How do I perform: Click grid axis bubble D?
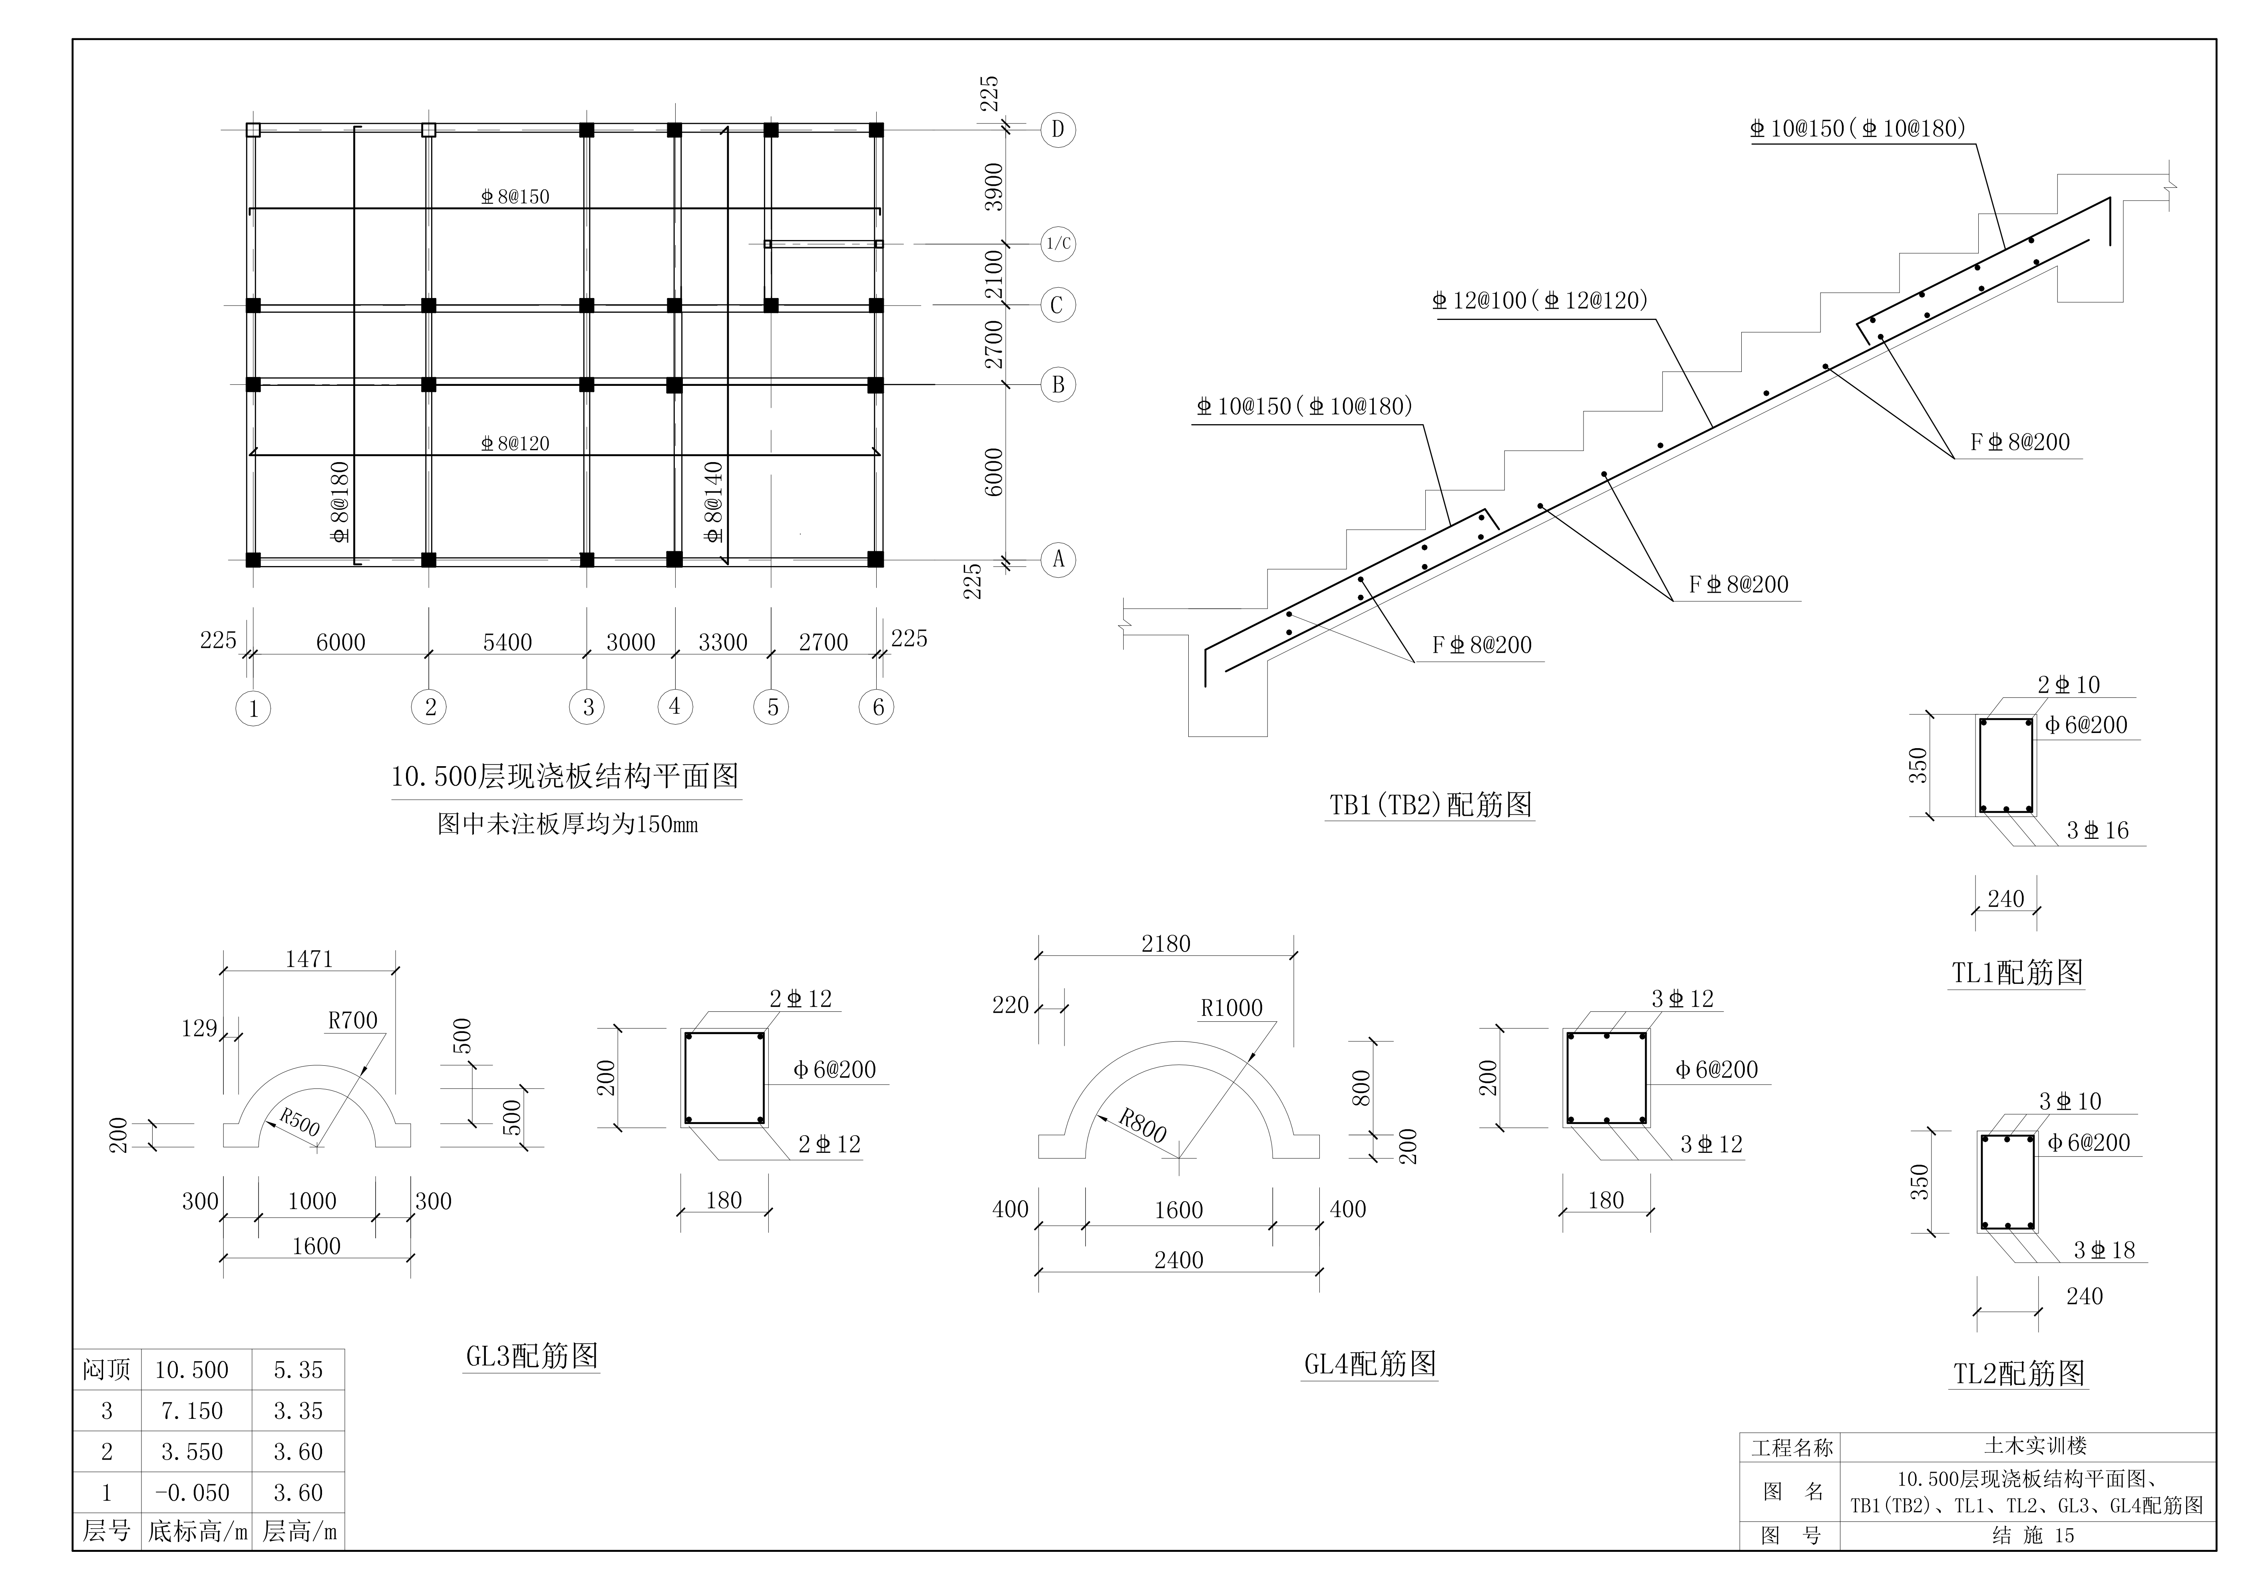pyautogui.click(x=1058, y=130)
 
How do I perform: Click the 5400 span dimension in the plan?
pyautogui.click(x=508, y=642)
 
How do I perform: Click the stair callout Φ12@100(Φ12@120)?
pyautogui.click(x=1540, y=301)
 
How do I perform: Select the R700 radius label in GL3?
pyautogui.click(x=352, y=1021)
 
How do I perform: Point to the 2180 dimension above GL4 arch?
pyautogui.click(x=1166, y=944)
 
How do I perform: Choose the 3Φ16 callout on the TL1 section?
pyautogui.click(x=2097, y=830)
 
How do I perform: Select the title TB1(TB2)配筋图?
pyautogui.click(x=1430, y=805)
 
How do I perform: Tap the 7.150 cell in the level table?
pyautogui.click(x=191, y=1411)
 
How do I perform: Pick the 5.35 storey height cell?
pyautogui.click(x=298, y=1370)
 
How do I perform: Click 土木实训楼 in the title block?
pyautogui.click(x=2035, y=1446)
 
